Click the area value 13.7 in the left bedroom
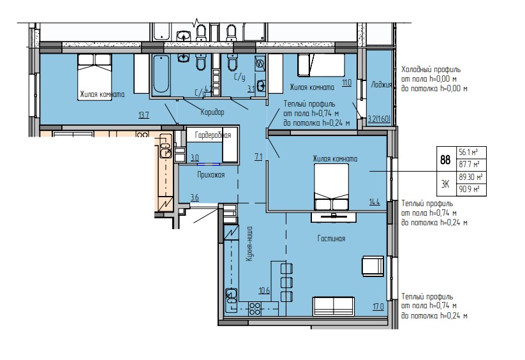[144, 115]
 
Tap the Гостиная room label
[331, 239]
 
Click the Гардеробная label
[209, 135]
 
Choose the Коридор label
[212, 112]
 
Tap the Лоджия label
[381, 84]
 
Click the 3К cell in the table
[445, 184]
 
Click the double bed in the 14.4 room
[331, 186]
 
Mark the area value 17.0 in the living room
[378, 306]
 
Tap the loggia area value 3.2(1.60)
[380, 118]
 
